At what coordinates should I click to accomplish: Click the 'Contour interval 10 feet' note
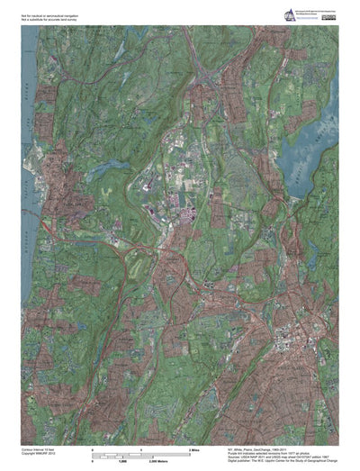pos(40,447)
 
